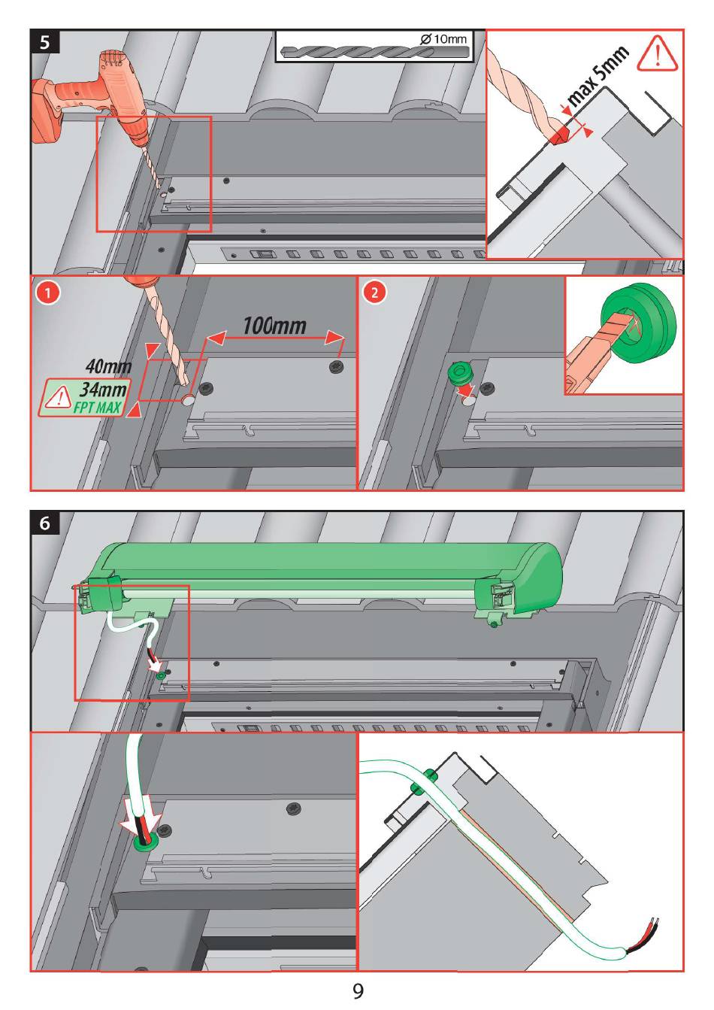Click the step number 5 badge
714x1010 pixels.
tap(45, 41)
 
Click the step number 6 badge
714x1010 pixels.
tap(45, 523)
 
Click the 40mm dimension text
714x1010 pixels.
tap(108, 367)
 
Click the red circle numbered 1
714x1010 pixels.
tap(47, 292)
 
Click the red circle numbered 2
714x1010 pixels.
tap(374, 292)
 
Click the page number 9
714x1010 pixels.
tap(358, 991)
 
